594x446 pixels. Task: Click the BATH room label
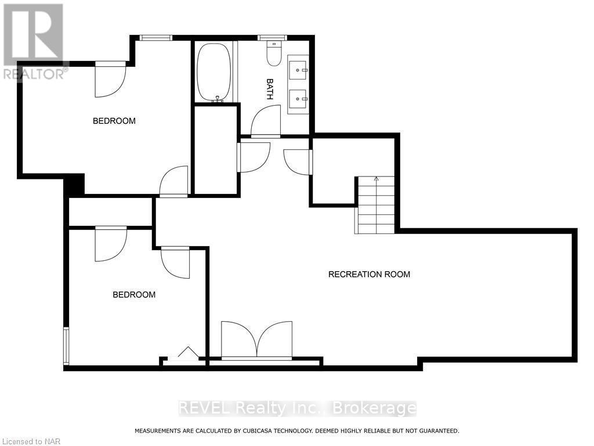(270, 89)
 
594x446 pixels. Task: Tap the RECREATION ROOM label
(369, 274)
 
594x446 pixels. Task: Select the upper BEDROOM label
(114, 121)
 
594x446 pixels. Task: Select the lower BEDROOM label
(134, 294)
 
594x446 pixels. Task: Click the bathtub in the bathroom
(213, 72)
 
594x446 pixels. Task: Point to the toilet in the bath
(273, 54)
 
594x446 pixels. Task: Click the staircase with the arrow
(376, 205)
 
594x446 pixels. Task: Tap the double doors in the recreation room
(257, 340)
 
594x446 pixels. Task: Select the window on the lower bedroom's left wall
(66, 346)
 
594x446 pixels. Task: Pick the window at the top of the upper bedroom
(155, 38)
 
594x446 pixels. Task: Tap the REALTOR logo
(34, 41)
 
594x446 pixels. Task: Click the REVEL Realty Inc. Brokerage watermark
(297, 408)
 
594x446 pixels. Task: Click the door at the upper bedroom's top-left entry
(110, 78)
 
